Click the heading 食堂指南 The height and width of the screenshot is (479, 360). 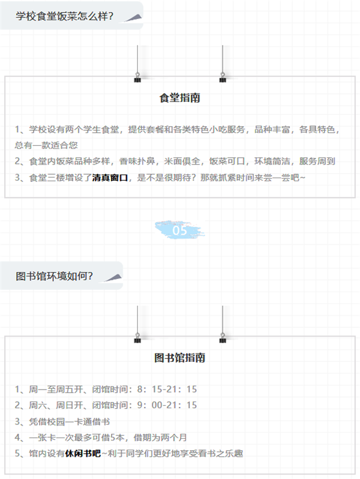pyautogui.click(x=179, y=98)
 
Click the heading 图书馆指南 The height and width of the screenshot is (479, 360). pyautogui.click(x=179, y=358)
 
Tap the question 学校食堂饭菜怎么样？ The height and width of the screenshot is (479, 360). pyautogui.click(x=64, y=16)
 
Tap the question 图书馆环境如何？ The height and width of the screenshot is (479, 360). pyautogui.click(x=54, y=276)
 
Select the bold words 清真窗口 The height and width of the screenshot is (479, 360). pyautogui.click(x=110, y=178)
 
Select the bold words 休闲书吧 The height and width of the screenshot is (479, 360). pyautogui.click(x=83, y=453)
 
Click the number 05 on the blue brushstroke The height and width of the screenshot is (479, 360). pyautogui.click(x=179, y=230)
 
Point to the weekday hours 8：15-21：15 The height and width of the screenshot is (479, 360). pyautogui.click(x=167, y=389)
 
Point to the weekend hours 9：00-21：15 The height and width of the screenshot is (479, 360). pyautogui.click(x=167, y=405)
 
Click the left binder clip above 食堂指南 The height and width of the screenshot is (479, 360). pyautogui.click(x=137, y=77)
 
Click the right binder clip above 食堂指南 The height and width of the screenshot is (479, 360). pyautogui.click(x=223, y=77)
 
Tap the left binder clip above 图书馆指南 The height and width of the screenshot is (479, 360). pyautogui.click(x=137, y=337)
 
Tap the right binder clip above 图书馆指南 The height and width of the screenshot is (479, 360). pyautogui.click(x=223, y=337)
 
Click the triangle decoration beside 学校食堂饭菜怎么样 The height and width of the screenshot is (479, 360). pyautogui.click(x=134, y=19)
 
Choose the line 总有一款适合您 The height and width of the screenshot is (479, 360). pyautogui.click(x=46, y=145)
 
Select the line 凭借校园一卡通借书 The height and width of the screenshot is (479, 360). pyautogui.click(x=70, y=421)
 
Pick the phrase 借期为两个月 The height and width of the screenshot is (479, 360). pyautogui.click(x=160, y=438)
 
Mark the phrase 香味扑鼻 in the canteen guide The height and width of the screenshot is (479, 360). pyautogui.click(x=137, y=161)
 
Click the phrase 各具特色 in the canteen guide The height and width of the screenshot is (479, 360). pyautogui.click(x=317, y=130)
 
